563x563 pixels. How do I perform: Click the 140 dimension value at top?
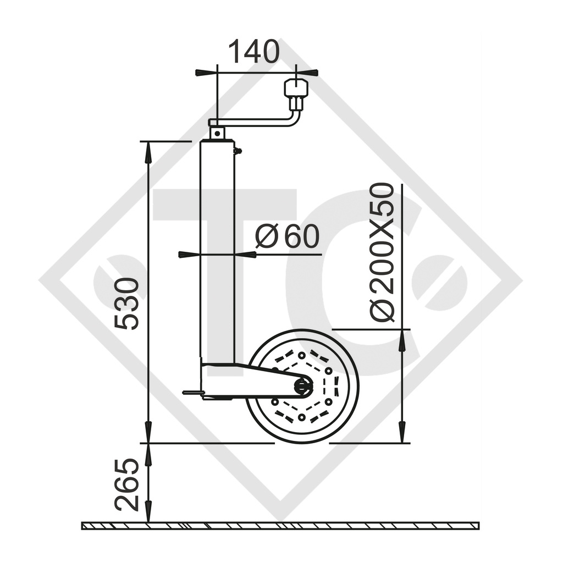[x=253, y=52]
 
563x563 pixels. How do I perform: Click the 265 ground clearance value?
[x=127, y=484]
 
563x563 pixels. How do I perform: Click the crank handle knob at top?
[x=296, y=88]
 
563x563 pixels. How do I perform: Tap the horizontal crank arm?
[x=253, y=123]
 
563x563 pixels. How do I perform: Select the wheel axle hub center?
[x=303, y=386]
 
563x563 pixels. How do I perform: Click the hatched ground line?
[x=280, y=526]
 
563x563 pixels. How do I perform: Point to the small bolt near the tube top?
[x=238, y=150]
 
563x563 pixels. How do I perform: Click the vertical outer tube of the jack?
[x=217, y=247]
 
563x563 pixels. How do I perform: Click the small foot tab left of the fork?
[x=192, y=393]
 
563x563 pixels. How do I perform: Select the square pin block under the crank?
[x=217, y=133]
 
